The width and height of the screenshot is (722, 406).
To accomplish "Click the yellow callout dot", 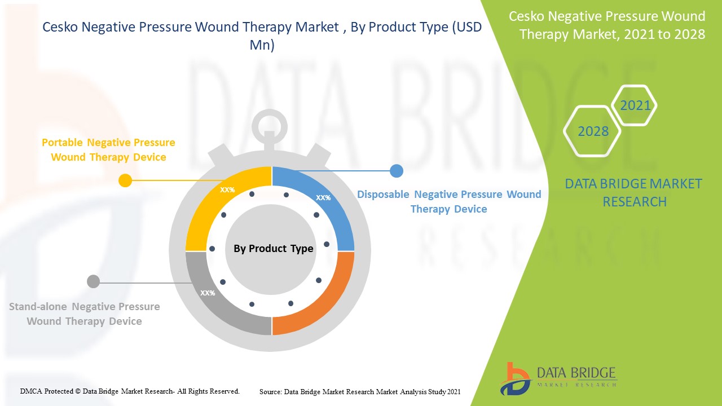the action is coord(125,180).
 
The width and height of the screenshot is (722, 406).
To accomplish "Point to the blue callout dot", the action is coord(397,171).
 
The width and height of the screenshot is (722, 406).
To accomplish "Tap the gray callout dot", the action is coord(94,281).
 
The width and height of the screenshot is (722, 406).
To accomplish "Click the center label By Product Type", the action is coord(274,249).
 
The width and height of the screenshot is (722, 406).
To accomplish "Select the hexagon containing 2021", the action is coord(634,105).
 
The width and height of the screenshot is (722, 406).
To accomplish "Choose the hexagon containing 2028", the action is coord(592,131).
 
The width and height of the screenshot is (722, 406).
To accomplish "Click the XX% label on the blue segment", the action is coord(323,197).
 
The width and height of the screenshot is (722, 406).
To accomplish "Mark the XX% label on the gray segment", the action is coord(208,293).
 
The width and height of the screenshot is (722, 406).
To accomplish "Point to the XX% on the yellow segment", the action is coord(227,190).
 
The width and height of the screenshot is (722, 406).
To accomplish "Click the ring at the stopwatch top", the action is coord(270,112).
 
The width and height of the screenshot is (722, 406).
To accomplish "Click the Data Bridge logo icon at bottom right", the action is coord(515,379).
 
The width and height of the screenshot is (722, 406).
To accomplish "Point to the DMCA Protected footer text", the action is coord(130,391).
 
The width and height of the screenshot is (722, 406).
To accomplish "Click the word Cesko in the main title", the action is coord(60,27).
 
